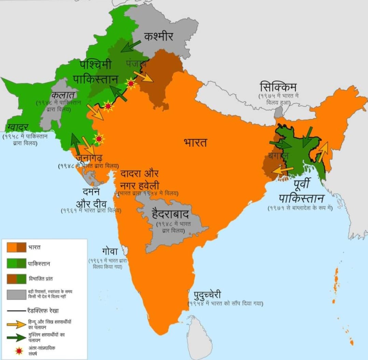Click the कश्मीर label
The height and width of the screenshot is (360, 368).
(x=158, y=35)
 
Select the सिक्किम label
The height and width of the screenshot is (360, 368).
(x=278, y=87)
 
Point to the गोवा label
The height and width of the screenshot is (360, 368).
(x=110, y=252)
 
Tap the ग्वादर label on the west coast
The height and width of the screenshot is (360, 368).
(x=18, y=127)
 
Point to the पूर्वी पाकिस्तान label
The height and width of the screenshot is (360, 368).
(x=301, y=193)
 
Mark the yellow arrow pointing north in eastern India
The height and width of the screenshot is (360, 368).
(x=323, y=152)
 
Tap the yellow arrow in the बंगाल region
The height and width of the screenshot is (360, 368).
(x=282, y=170)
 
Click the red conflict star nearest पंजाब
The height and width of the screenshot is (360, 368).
(x=130, y=84)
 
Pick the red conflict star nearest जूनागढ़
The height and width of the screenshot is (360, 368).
(x=99, y=139)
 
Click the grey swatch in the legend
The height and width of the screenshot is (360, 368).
(x=16, y=295)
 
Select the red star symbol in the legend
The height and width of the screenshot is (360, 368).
(x=16, y=350)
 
